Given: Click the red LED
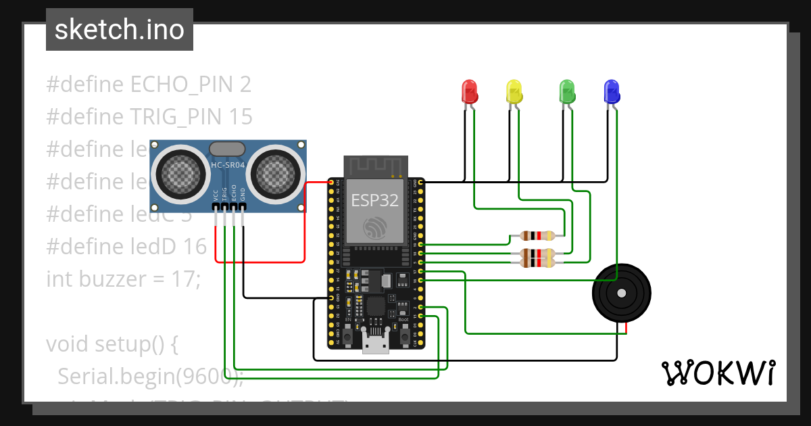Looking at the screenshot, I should click(469, 91).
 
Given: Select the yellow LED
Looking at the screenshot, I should click(514, 91).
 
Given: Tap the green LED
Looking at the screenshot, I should click(566, 91).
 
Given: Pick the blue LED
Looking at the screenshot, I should click(611, 91).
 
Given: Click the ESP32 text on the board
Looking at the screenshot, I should click(374, 201).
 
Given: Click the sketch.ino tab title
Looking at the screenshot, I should click(119, 30).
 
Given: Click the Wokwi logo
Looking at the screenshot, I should click(718, 373).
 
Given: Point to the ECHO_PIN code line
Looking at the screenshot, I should click(149, 85).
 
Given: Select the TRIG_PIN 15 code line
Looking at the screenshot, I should click(149, 117).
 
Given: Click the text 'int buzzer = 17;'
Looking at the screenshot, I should click(123, 279).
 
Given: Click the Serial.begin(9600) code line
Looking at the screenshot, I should click(149, 376).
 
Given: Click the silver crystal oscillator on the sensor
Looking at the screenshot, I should click(227, 148).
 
